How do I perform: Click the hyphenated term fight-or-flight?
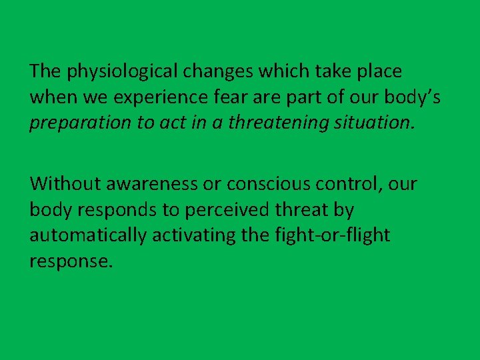[333, 235]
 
